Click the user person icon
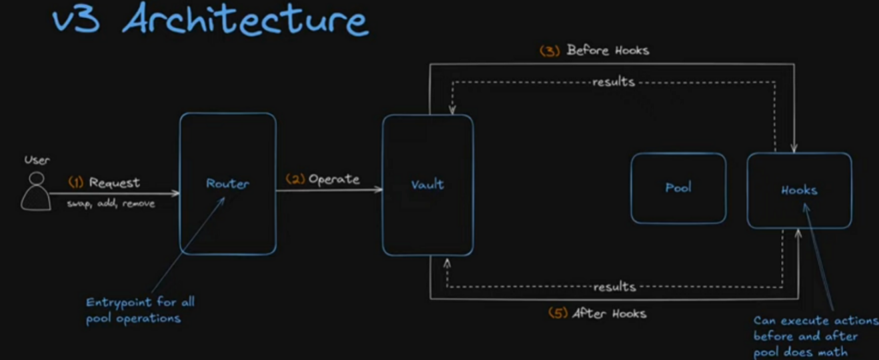36,191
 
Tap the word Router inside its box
227,183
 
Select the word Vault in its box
427,185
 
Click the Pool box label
678,188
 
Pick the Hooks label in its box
799,190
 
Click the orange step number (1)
76,182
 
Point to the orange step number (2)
295,179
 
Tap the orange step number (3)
550,51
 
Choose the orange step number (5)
558,313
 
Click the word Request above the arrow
115,182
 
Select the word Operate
334,179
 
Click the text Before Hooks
608,50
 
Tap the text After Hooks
610,313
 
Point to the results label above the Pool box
614,82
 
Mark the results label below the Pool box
614,287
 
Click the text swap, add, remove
111,203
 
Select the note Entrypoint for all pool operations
139,310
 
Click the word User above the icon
37,160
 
